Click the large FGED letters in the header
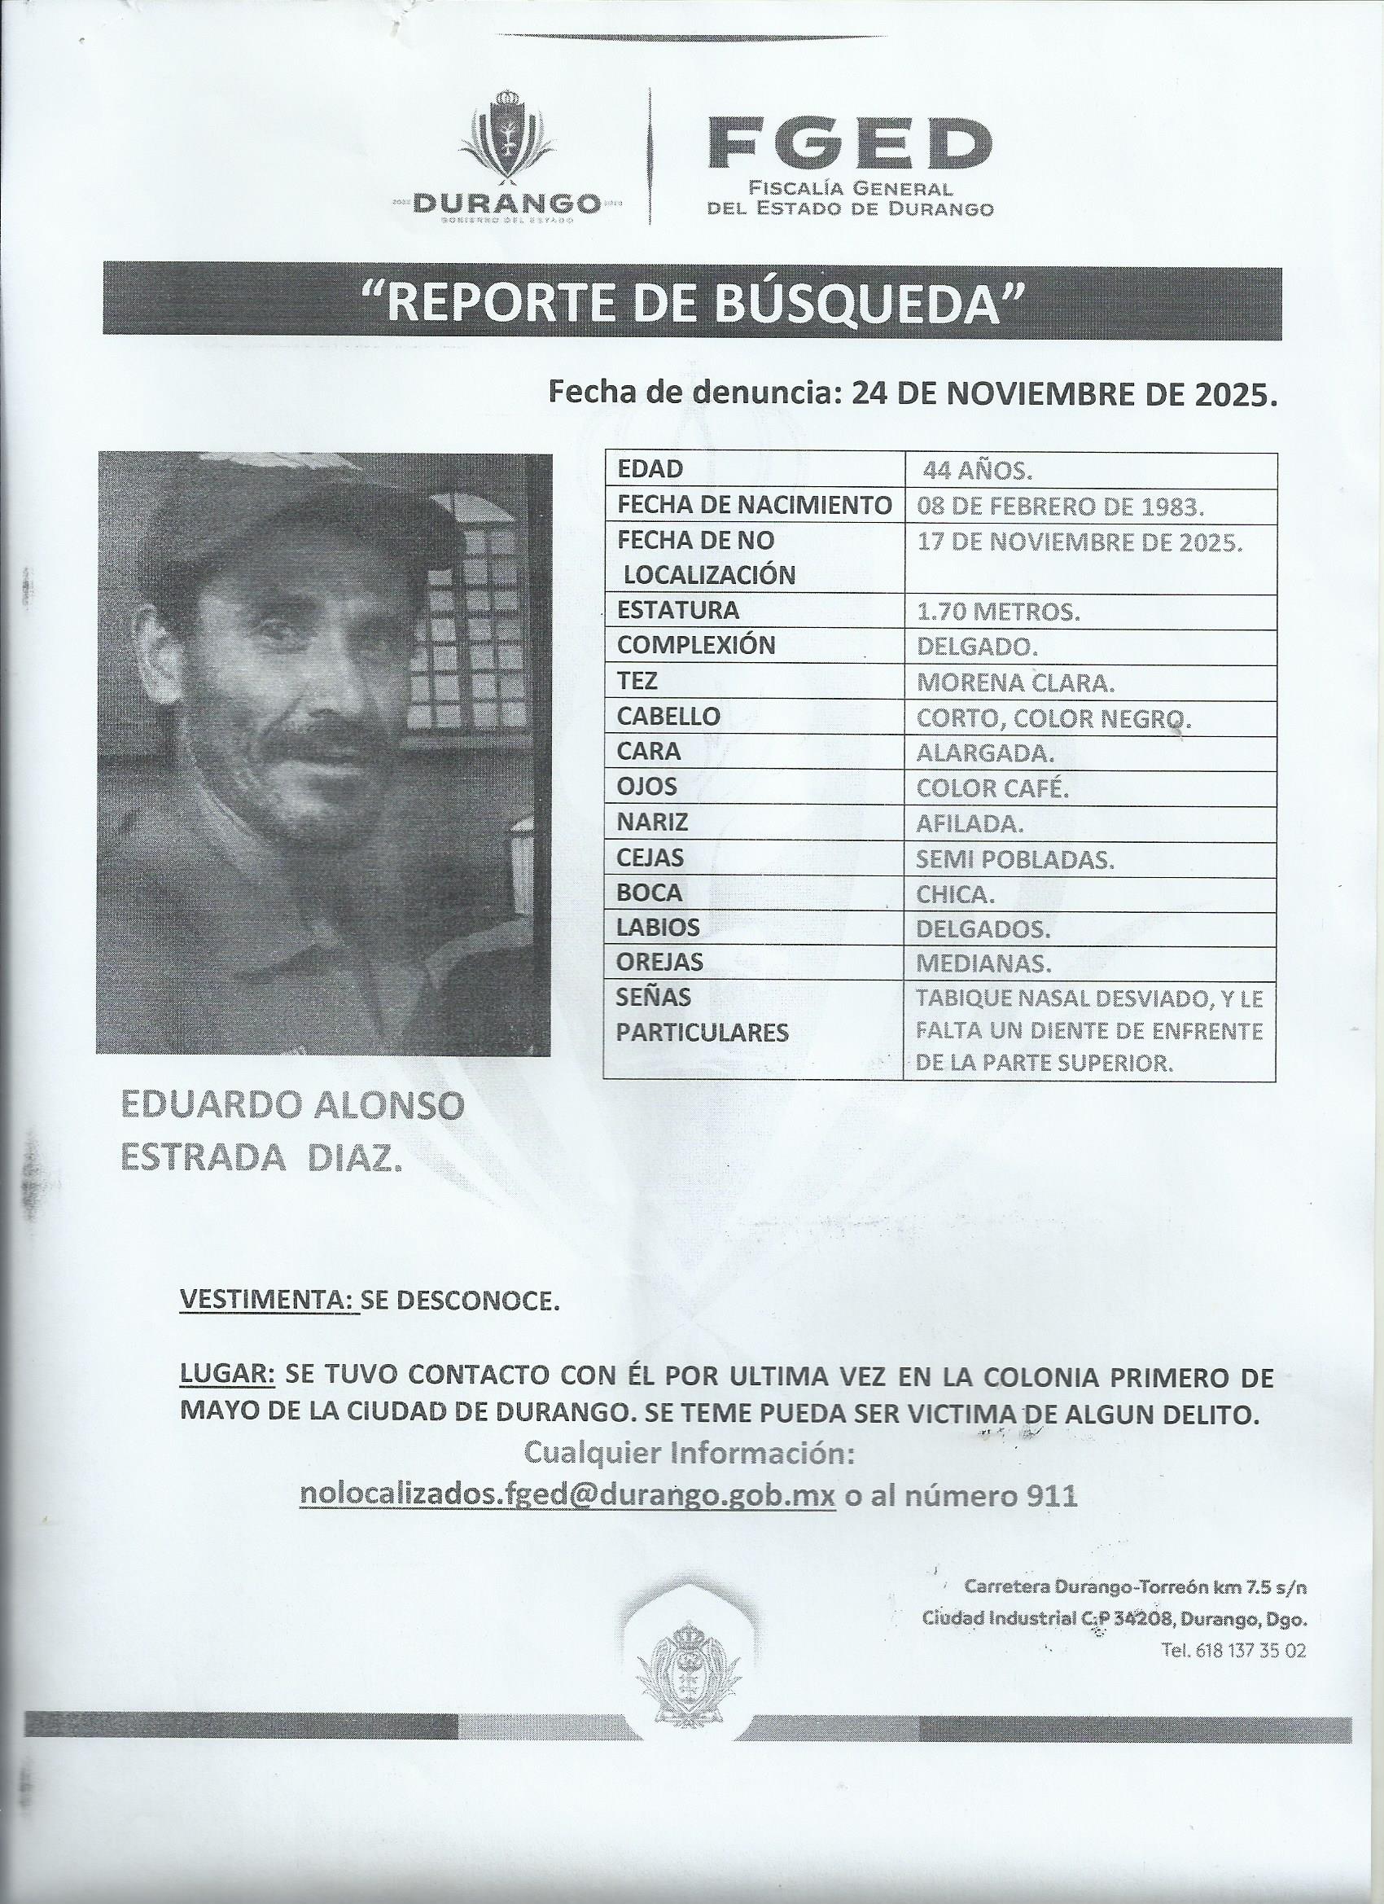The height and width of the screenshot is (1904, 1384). [x=848, y=143]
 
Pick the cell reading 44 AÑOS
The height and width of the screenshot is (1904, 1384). [x=977, y=471]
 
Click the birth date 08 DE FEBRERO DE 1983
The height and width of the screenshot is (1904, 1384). [x=1061, y=507]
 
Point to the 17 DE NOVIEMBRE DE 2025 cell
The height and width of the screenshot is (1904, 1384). [x=1080, y=542]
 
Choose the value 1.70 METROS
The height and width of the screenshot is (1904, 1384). [x=998, y=613]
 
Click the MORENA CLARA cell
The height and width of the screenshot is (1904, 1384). [x=1015, y=683]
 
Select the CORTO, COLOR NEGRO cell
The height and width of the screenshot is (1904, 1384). [x=1054, y=718]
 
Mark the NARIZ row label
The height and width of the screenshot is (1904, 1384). [x=652, y=823]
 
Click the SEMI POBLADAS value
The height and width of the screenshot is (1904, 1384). [x=1015, y=860]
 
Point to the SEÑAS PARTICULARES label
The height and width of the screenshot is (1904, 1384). [x=702, y=1015]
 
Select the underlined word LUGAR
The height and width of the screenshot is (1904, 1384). [x=226, y=1375]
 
